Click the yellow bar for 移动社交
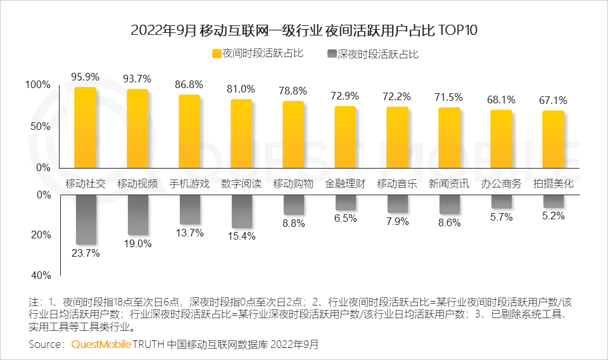[x=85, y=127]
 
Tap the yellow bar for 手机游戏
[x=189, y=132]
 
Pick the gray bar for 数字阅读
[x=241, y=212]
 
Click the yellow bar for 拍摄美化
[x=554, y=139]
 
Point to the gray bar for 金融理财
[x=345, y=203]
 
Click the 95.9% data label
[x=85, y=77]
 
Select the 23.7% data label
[x=85, y=254]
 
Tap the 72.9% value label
[x=345, y=96]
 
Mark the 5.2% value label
[x=554, y=216]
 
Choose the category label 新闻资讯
[x=449, y=184]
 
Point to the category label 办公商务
[x=501, y=184]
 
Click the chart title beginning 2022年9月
[x=303, y=30]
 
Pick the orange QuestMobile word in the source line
[x=101, y=344]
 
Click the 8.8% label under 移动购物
[x=293, y=223]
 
